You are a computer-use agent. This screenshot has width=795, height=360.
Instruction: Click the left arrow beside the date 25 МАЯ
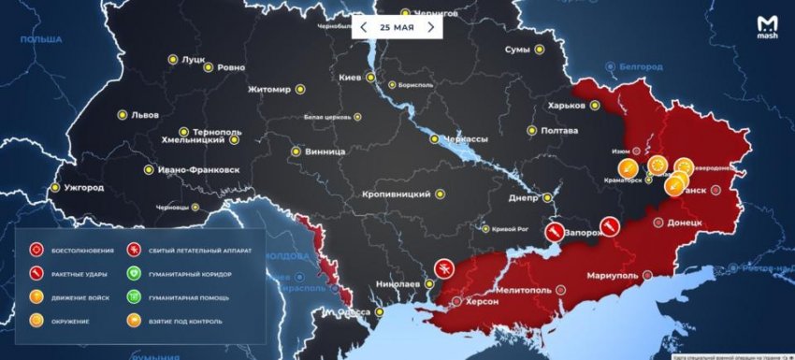pos(364,27)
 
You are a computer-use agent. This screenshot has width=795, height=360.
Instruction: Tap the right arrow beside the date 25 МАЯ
pos(430,27)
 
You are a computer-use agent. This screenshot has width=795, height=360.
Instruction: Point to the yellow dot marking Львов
pos(123,115)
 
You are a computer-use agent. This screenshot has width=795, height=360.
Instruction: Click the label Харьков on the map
pos(567,105)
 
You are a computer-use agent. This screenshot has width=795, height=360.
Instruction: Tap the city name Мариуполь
pos(612,276)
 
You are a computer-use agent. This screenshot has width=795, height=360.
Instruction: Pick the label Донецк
pos(691,223)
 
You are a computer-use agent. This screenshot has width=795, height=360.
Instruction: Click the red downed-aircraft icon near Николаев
pos(443,268)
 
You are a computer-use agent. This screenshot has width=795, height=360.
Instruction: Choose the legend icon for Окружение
pos(36,321)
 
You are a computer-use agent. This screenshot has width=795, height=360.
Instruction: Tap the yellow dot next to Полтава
pos(532,131)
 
